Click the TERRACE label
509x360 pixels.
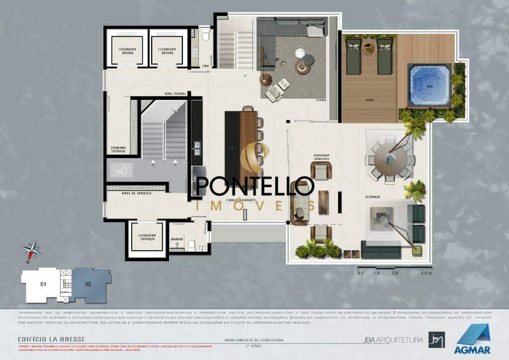coord(373,197)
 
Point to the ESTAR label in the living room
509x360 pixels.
coord(321,100)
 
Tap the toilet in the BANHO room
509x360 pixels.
coord(192,244)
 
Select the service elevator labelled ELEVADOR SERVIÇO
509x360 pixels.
coord(148,238)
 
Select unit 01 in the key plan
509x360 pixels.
coord(43,284)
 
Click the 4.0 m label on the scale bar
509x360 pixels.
coord(426,273)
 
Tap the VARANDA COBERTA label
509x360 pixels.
coord(322,157)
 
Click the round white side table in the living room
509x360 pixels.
coord(300,53)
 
